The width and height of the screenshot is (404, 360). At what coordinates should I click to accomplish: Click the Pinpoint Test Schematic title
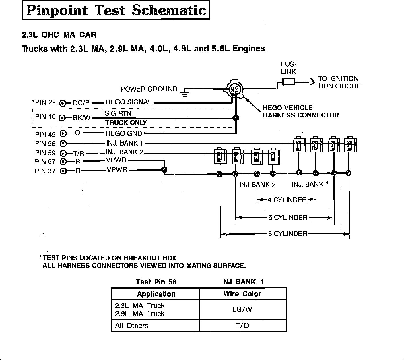click(x=116, y=11)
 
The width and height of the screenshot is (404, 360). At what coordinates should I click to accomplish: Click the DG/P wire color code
click(x=81, y=103)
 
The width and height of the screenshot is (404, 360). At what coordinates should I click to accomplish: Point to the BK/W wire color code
click(x=82, y=118)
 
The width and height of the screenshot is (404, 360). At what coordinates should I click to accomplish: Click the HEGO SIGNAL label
click(x=129, y=102)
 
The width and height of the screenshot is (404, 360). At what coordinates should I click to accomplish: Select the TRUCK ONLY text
click(x=126, y=123)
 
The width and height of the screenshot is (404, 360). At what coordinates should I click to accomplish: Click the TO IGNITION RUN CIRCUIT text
click(x=340, y=82)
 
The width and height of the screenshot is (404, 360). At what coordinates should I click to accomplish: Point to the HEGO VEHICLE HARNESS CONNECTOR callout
click(x=301, y=111)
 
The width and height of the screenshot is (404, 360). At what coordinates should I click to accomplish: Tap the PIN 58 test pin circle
click(x=63, y=143)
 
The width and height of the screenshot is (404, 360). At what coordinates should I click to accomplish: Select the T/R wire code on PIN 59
click(x=78, y=153)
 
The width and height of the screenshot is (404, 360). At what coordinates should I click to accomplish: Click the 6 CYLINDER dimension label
click(x=288, y=218)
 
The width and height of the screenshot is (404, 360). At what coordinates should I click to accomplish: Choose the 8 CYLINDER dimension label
click(x=288, y=234)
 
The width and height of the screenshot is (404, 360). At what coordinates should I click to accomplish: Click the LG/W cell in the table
click(x=242, y=309)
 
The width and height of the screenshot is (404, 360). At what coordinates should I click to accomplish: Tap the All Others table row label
click(x=132, y=326)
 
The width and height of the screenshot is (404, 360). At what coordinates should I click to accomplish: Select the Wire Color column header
click(x=242, y=294)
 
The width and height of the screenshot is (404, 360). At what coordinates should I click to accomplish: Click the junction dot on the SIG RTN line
click(x=236, y=118)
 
